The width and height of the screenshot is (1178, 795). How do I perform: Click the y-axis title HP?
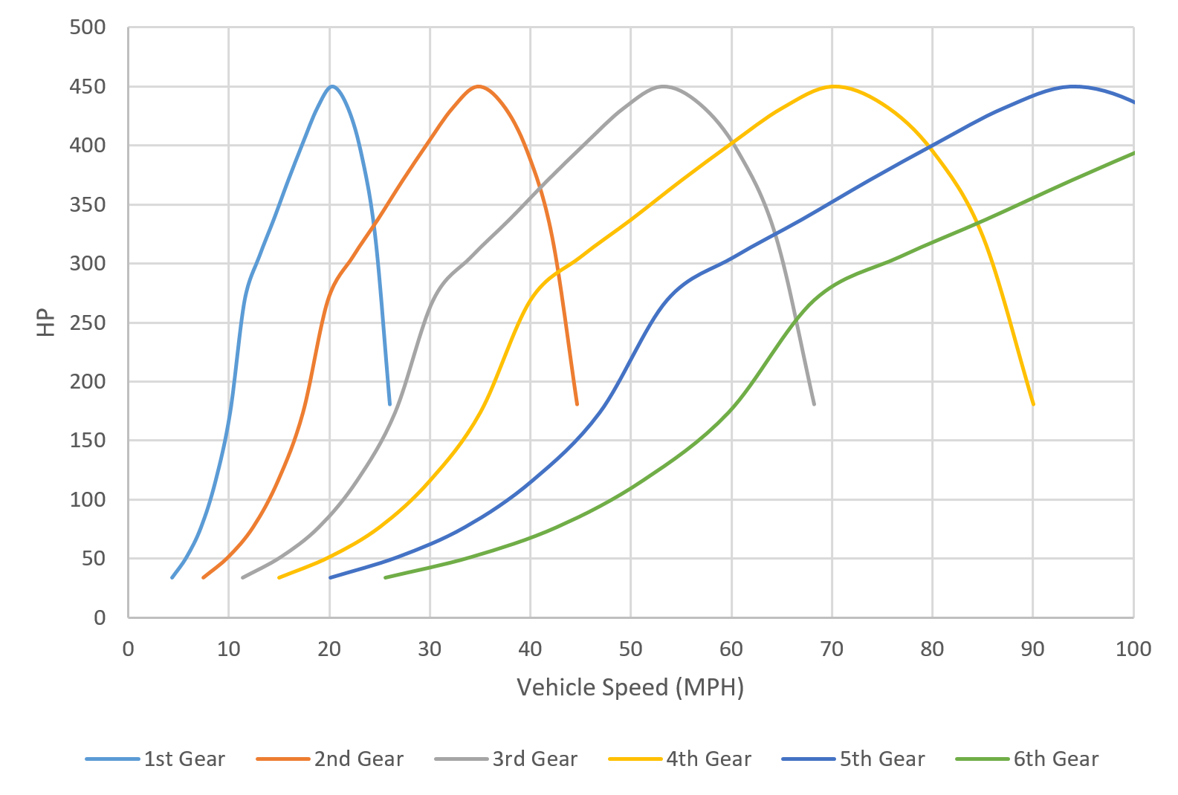click(46, 322)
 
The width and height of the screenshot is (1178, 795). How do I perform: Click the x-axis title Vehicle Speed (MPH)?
click(630, 687)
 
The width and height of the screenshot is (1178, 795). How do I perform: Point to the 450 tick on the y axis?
click(88, 87)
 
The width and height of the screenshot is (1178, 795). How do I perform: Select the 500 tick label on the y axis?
click(88, 27)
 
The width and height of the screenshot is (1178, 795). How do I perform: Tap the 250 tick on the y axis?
click(88, 322)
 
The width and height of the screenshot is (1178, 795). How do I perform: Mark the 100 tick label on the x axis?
click(1133, 649)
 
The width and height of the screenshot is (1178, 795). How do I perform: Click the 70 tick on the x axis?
click(832, 649)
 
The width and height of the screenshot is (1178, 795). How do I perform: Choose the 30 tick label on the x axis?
click(430, 649)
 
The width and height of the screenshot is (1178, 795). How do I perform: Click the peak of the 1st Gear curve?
click(331, 86)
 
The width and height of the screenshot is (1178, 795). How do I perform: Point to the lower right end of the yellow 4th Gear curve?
click(1033, 404)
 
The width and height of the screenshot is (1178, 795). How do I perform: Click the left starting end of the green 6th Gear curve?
click(385, 577)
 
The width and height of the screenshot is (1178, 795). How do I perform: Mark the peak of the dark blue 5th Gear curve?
click(1073, 86)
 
